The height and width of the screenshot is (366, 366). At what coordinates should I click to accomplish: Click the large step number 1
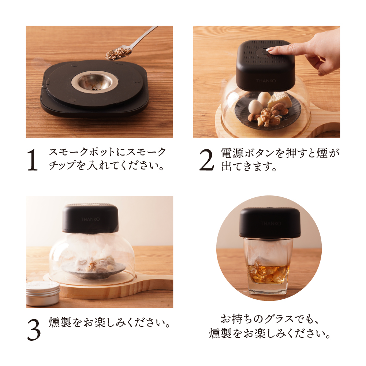point(33,160)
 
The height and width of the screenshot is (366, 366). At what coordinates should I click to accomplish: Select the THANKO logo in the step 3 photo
point(90,219)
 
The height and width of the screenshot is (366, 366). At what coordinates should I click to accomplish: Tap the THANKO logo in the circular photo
point(270,223)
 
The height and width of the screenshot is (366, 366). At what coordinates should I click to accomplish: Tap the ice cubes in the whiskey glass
point(269,273)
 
